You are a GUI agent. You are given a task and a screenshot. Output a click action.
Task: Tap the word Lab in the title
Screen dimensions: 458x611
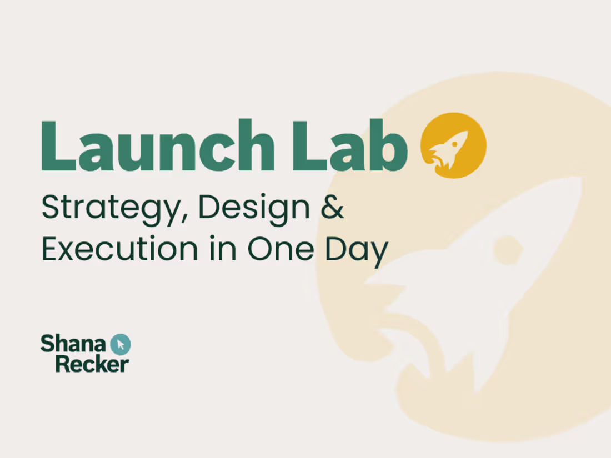pyautogui.click(x=350, y=145)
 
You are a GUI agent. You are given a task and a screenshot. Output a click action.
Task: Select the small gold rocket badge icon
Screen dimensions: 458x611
pyautogui.click(x=454, y=145)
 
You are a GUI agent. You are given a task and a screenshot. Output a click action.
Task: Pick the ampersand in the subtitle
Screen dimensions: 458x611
pyautogui.click(x=333, y=207)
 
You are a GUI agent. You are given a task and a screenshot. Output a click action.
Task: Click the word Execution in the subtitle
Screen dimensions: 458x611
pyautogui.click(x=119, y=249)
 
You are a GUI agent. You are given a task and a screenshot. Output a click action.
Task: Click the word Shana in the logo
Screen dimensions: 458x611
pyautogui.click(x=74, y=344)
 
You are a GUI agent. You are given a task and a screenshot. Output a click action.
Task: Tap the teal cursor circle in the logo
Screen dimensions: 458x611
pyautogui.click(x=121, y=344)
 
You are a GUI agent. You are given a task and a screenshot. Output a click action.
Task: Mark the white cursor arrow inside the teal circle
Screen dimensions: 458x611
pyautogui.click(x=121, y=344)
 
